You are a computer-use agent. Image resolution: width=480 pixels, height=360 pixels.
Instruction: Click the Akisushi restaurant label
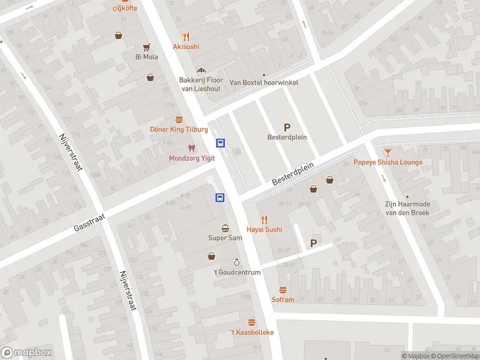[186, 47]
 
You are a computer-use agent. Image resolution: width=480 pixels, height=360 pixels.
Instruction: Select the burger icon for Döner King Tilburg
[179, 119]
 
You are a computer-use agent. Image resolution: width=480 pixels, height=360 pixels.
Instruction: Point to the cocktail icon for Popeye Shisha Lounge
[388, 152]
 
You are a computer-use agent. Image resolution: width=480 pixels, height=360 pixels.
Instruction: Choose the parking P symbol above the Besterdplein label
[287, 127]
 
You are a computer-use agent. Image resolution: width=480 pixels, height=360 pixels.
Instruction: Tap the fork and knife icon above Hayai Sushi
[264, 220]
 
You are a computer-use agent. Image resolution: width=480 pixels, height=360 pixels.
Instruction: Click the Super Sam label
[225, 238]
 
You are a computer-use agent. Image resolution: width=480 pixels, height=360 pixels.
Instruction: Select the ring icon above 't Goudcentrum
[237, 263]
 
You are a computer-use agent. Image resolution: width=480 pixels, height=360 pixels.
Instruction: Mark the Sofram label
[283, 300]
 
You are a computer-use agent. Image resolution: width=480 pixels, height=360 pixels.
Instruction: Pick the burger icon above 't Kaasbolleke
[251, 323]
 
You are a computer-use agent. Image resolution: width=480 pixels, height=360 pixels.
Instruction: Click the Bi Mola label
[146, 57]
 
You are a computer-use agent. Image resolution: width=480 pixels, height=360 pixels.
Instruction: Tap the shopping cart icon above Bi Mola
[146, 47]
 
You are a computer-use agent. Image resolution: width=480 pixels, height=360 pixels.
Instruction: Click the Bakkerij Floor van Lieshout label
[201, 84]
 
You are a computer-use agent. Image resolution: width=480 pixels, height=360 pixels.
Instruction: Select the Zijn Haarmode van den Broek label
[407, 208]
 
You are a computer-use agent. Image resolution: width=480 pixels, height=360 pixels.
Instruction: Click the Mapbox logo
[26, 353]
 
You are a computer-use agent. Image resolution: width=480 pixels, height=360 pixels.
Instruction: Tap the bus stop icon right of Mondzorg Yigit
[221, 143]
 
